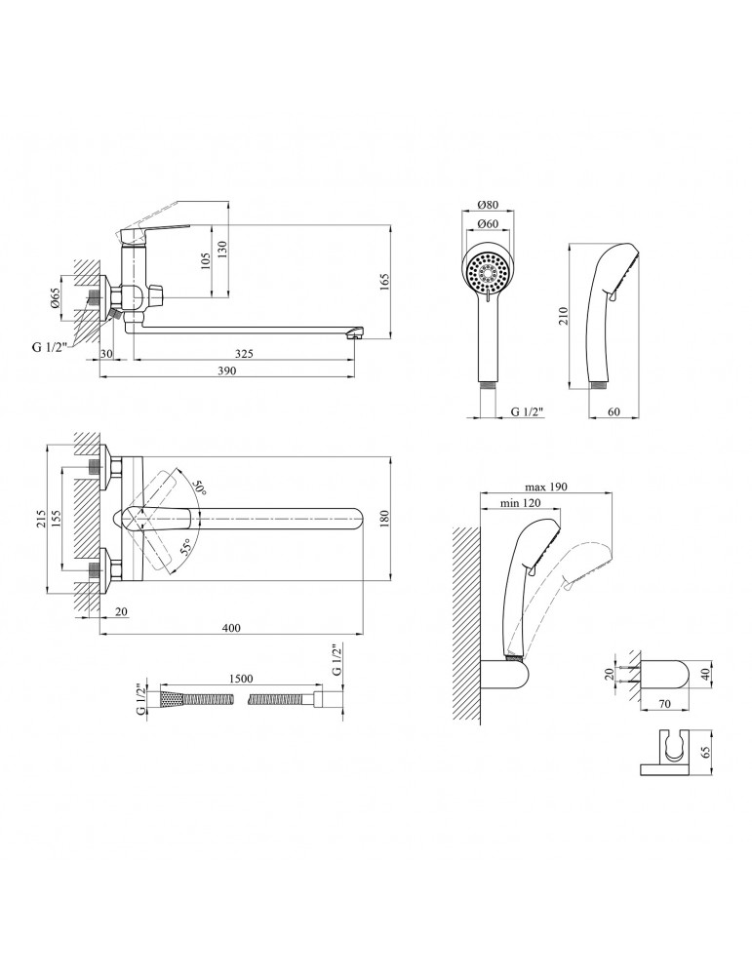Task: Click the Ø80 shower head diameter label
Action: coord(489,205)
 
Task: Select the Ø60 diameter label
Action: coord(489,224)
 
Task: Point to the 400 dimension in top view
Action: coord(230,628)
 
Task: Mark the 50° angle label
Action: coord(199,487)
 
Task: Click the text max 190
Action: coord(545,486)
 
